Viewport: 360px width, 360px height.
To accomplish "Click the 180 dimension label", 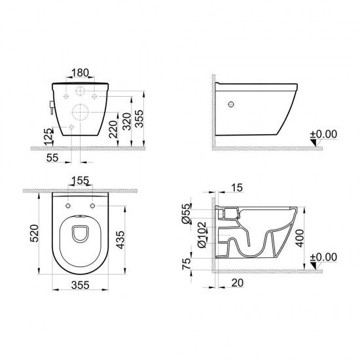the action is point(80,73).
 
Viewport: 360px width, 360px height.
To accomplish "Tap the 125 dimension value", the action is point(48,137).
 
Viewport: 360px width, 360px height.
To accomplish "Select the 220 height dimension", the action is point(113,129).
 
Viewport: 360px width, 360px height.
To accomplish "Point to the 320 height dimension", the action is point(126,122).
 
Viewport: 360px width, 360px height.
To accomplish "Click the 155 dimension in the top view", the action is point(80,181).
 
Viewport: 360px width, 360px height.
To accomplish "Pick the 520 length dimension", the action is point(35,233).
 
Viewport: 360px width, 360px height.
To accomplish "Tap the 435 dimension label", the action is point(120,240).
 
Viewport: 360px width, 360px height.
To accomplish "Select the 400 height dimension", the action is point(299,238).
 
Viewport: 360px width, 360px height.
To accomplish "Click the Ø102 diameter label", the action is point(202,235).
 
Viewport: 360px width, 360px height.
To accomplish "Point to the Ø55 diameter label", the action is point(187,214).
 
